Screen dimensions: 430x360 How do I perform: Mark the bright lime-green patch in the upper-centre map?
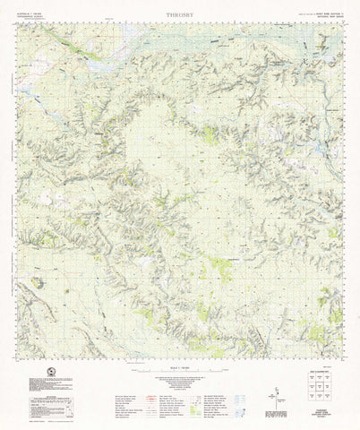209,135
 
